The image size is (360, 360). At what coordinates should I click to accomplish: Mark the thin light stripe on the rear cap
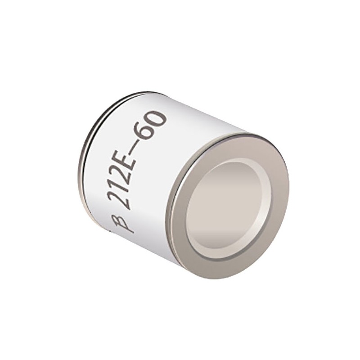point(92,135)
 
